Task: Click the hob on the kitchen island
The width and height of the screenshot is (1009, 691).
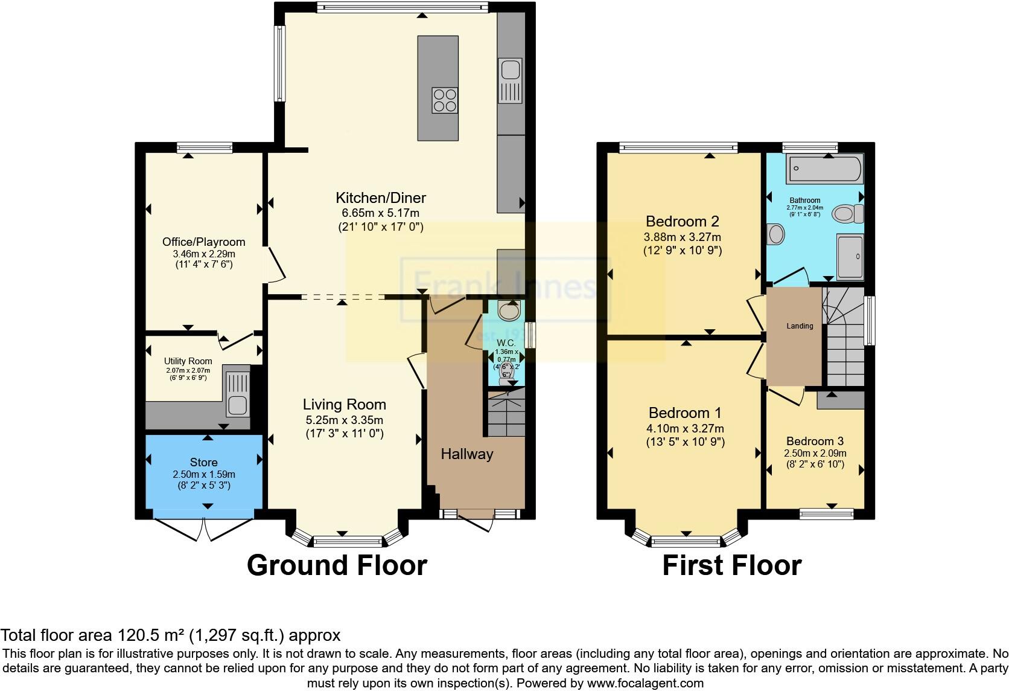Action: tap(444, 100)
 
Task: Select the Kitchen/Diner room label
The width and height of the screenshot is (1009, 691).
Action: tap(380, 198)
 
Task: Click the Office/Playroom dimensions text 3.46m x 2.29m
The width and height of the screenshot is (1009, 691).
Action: tap(204, 254)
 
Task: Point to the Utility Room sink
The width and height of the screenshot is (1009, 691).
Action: tap(237, 391)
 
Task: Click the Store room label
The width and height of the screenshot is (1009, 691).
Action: tap(203, 462)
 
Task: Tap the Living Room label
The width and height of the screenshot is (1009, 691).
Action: tap(344, 405)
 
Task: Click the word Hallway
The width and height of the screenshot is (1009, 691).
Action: tap(466, 454)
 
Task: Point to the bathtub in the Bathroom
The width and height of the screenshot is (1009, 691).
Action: tap(824, 169)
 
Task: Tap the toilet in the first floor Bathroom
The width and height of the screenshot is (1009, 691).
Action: tap(847, 213)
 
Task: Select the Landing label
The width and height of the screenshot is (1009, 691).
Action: tap(800, 326)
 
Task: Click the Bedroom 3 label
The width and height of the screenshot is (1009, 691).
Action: tap(815, 441)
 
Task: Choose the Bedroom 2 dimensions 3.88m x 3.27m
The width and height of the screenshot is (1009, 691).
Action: tap(682, 237)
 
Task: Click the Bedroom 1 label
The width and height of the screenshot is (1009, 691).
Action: tap(685, 413)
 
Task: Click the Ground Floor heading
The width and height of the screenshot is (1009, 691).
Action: tap(337, 565)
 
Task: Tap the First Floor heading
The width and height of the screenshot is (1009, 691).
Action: tap(731, 565)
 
